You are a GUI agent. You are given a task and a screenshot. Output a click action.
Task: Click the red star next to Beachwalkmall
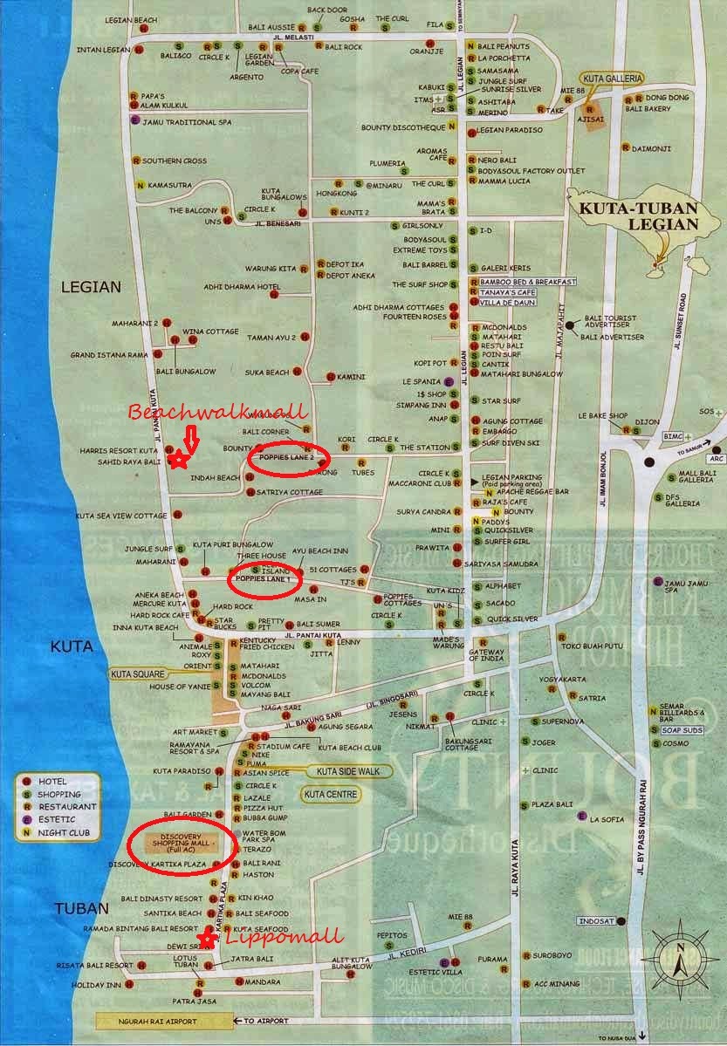[x=179, y=459]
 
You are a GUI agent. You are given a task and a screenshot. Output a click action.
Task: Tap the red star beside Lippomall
[x=207, y=938]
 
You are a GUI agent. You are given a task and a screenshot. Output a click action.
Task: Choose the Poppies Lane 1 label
[x=264, y=578]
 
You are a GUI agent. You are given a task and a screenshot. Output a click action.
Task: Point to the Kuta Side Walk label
[x=348, y=771]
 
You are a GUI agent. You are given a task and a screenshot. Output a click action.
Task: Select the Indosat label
[x=600, y=921]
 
